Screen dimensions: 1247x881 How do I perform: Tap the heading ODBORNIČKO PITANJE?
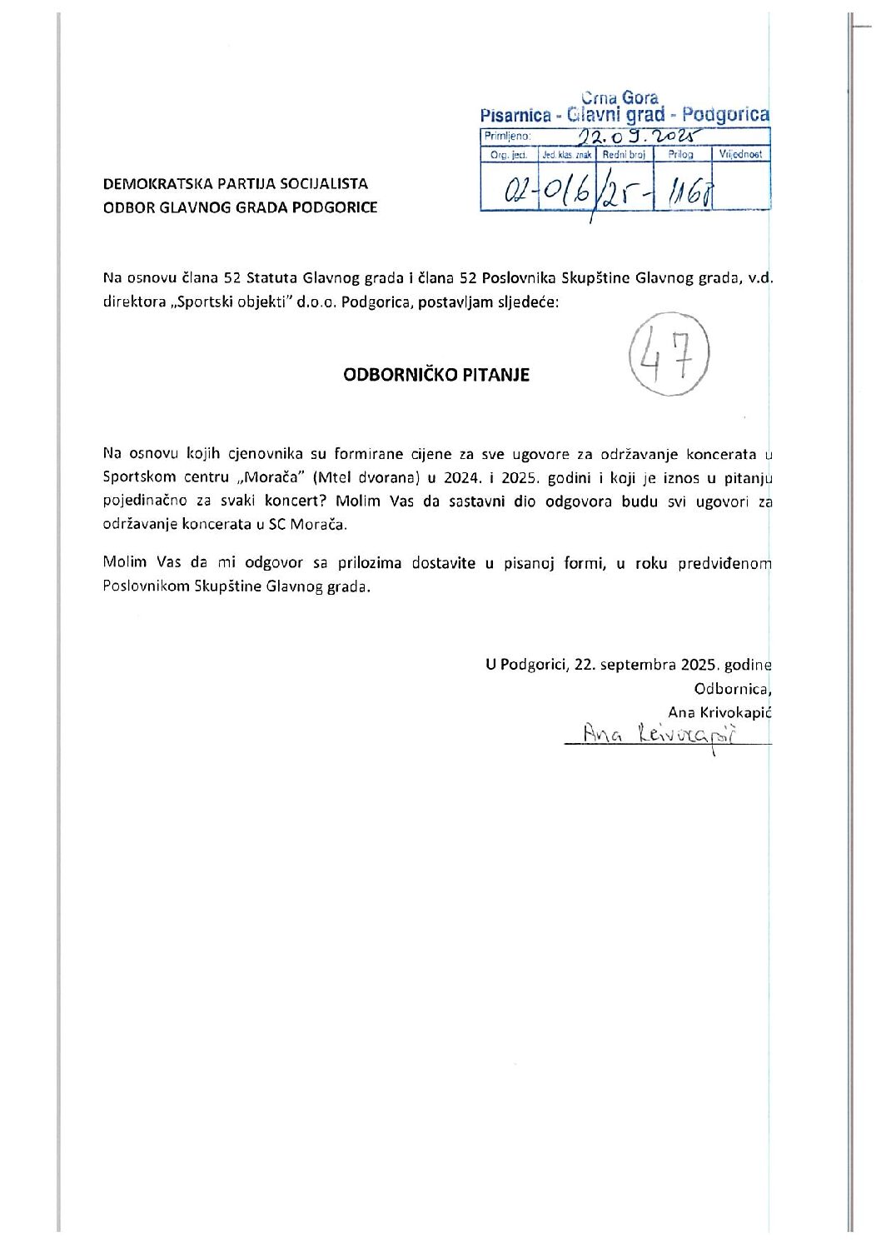[x=436, y=375]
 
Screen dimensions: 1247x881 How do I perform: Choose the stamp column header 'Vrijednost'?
[x=740, y=154]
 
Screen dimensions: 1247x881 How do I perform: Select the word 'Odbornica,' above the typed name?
[x=733, y=689]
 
